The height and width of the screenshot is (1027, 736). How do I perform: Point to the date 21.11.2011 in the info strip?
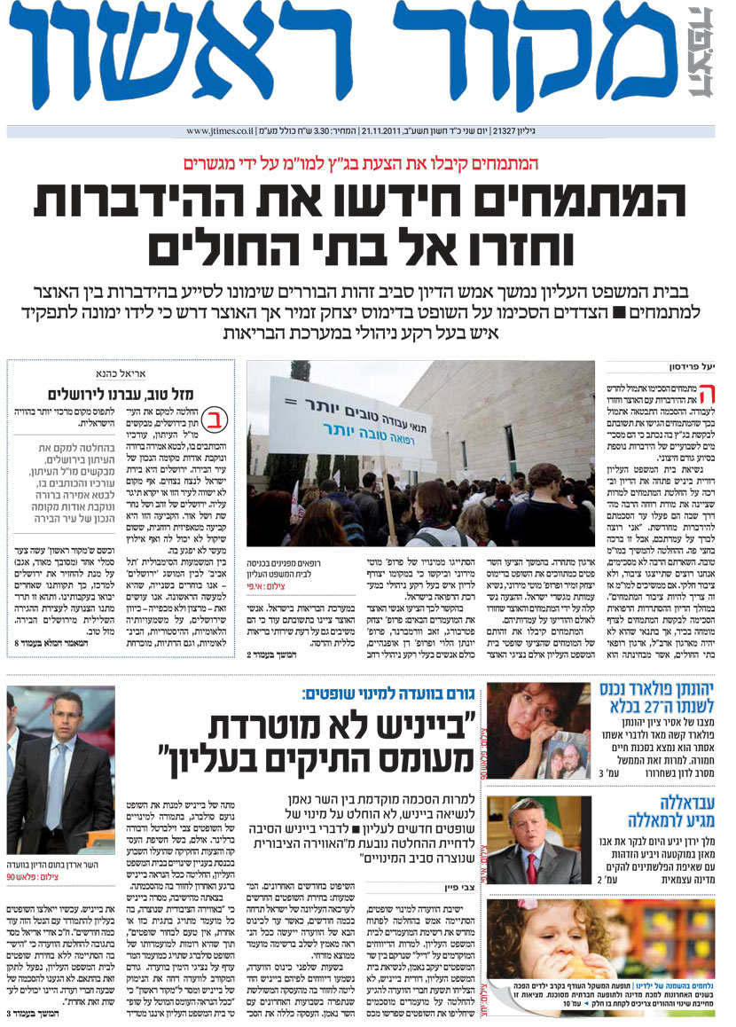pos(387,131)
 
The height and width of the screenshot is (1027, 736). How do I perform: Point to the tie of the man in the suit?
pos(56,781)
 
